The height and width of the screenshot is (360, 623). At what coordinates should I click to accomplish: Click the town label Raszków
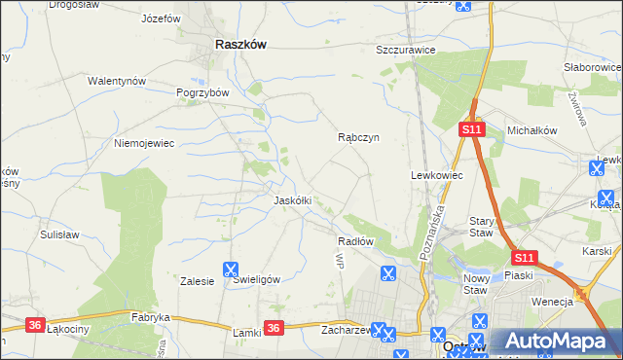[x=240, y=44]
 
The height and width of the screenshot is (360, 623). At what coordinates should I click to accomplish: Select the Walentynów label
[x=117, y=81]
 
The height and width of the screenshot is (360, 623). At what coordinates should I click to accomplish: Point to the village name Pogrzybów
[x=202, y=92]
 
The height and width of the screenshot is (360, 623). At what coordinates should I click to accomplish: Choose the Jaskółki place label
[x=292, y=200]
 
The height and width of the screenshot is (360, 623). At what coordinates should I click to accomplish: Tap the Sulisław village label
[x=58, y=234]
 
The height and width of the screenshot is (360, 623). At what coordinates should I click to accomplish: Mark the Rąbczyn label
[x=357, y=138]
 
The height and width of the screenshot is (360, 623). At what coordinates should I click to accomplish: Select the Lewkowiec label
[x=436, y=175]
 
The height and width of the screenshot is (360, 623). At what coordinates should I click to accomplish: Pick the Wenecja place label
[x=552, y=302]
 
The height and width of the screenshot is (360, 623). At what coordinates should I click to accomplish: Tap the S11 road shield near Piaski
[x=524, y=258]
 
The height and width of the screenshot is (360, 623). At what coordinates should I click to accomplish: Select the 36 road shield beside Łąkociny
[x=35, y=325]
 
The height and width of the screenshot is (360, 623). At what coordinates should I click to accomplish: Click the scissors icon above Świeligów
[x=232, y=270]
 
